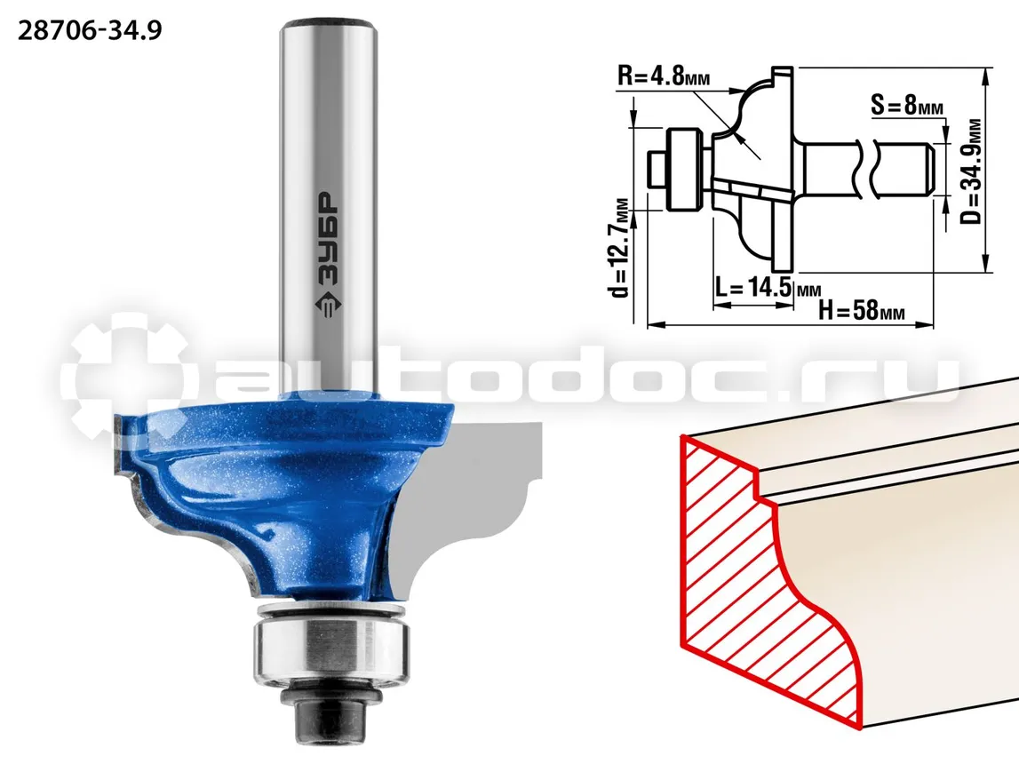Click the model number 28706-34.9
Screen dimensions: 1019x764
click(x=89, y=30)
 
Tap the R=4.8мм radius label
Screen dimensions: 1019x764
click(x=664, y=76)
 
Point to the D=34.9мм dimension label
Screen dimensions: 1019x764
click(x=971, y=171)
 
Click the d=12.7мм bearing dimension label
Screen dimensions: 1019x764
click(x=621, y=248)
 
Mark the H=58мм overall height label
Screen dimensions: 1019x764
click(x=862, y=310)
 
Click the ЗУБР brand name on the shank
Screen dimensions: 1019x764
click(x=329, y=239)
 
